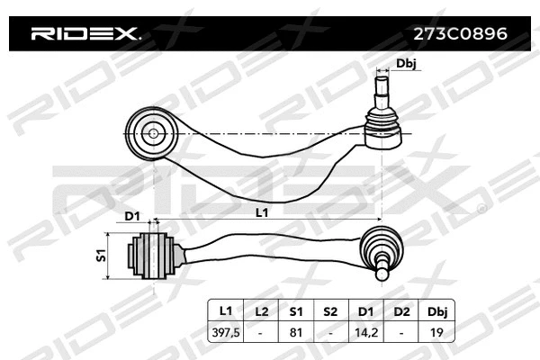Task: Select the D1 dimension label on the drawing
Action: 131,217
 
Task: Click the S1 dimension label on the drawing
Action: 101,256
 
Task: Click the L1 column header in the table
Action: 226,310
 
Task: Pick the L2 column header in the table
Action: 261,310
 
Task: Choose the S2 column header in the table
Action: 330,310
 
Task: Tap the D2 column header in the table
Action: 400,310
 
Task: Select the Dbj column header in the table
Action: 436,310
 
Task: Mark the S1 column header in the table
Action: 296,310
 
